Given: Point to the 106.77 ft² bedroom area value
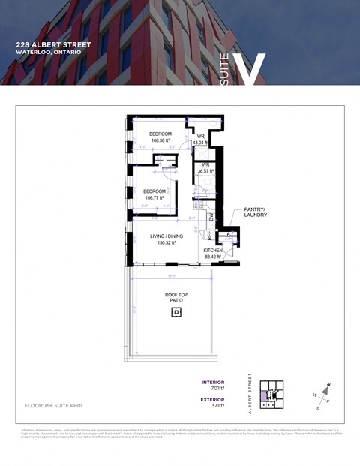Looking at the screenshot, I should pos(154,198).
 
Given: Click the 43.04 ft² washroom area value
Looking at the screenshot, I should pos(201,142).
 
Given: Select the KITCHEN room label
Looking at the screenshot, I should pos(214,251).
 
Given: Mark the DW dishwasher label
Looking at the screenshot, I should pos(211,218).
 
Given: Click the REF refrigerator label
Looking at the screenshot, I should pos(209,235).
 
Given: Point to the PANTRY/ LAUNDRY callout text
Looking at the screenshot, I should pos(255,212).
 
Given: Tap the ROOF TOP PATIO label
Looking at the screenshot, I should pos(175,297).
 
